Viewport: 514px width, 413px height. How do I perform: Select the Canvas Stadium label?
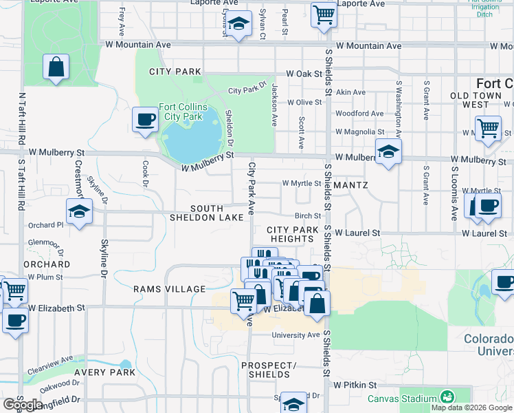pos(401,399)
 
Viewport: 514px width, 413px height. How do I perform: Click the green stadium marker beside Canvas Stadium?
pos(447,398)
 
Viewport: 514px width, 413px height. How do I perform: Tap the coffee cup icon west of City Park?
pos(145,120)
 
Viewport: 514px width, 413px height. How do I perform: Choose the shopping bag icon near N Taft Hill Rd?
pos(56,67)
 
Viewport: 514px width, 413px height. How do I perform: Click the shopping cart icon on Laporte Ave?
pos(323,14)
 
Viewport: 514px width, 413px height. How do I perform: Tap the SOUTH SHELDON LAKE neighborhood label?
pos(207,213)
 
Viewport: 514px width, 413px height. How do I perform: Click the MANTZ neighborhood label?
pos(353,185)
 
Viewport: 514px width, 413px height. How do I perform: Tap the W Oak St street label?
pos(304,73)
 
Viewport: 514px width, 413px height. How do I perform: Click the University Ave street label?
pos(295,335)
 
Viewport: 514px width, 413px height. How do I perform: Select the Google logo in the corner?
pos(23,405)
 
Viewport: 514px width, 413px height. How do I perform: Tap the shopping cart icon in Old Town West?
pos(487,127)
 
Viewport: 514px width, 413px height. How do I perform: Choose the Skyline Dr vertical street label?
pos(104,257)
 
